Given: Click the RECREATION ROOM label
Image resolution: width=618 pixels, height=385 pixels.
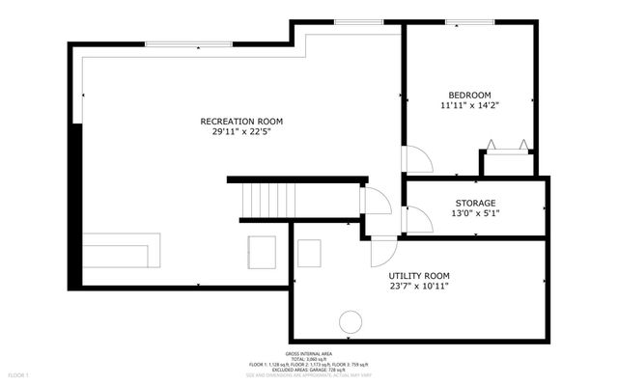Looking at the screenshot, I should [x=241, y=121].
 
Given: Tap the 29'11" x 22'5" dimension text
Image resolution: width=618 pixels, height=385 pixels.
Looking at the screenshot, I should [x=241, y=132].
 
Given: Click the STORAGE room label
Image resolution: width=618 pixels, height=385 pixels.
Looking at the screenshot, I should [x=475, y=203].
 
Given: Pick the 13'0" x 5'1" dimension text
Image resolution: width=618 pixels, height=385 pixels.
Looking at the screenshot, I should [x=475, y=214].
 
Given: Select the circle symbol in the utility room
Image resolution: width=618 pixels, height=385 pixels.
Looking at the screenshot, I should [x=351, y=322].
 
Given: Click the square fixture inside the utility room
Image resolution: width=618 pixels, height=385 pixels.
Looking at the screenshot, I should [x=309, y=253].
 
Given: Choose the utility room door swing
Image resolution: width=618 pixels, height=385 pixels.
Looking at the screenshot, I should [x=383, y=253].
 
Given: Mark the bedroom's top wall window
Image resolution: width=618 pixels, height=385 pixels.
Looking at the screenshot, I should [x=470, y=21].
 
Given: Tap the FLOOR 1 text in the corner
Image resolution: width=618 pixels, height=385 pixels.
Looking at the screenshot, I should [x=18, y=373].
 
